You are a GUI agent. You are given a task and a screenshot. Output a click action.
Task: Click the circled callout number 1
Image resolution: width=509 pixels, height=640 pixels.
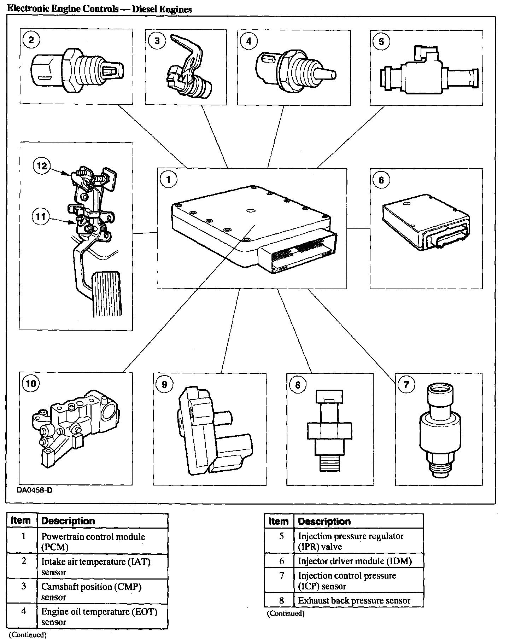[168, 180]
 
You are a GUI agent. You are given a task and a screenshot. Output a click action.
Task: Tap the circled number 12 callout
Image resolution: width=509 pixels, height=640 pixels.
[42, 165]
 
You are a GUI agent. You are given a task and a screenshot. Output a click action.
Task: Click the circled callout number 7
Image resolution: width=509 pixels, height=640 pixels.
[406, 384]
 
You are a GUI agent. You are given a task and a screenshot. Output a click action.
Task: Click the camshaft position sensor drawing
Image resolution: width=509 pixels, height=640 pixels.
[187, 71]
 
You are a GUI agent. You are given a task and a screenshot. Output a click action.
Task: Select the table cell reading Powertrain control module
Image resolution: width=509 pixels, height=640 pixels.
[93, 541]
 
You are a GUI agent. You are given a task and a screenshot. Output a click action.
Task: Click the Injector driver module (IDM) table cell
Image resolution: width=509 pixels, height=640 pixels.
[355, 561]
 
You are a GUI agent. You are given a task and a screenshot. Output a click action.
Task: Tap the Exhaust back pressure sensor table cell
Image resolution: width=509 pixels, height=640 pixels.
[354, 601]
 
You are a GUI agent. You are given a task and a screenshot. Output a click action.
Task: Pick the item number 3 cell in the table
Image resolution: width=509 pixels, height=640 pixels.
[24, 586]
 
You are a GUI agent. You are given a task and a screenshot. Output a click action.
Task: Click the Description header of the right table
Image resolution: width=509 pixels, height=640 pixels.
[324, 522]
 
